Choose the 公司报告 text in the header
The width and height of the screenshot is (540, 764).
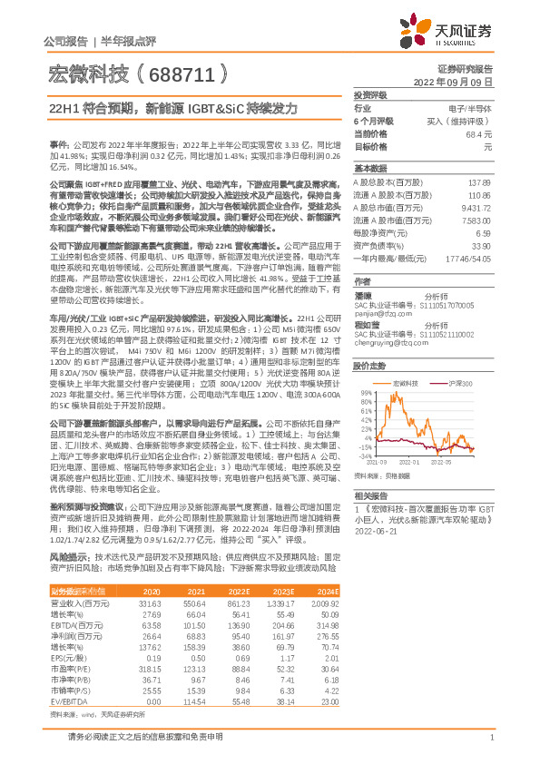pyautogui.click(x=65, y=41)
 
